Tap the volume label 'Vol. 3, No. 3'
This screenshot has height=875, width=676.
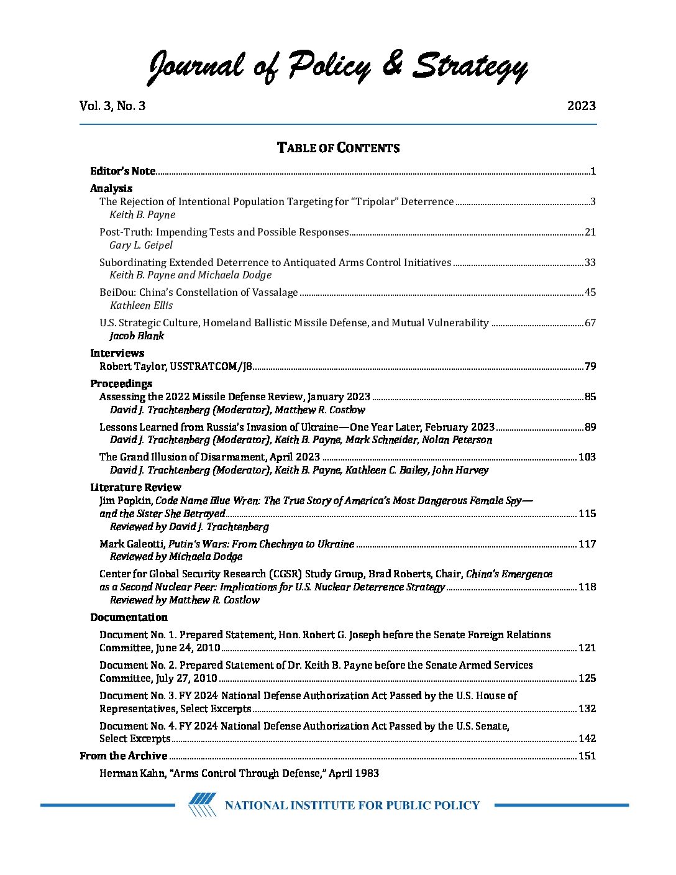pos(112,106)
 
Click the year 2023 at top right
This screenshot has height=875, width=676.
pos(581,106)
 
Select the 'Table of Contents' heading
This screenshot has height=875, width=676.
pos(338,148)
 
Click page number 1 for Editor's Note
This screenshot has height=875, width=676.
pos(593,172)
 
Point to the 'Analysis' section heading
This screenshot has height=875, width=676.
pos(111,188)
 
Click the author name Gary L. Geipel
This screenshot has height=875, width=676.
pos(141,245)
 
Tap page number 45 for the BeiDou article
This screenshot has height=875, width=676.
pos(590,292)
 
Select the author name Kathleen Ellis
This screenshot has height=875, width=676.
pos(141,305)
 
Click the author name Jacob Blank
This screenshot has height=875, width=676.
pos(137,336)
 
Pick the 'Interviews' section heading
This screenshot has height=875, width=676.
pos(117,353)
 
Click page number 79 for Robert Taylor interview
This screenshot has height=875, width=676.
pos(590,366)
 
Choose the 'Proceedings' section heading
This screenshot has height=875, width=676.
pos(121,383)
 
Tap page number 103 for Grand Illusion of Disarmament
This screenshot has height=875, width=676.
pos(587,457)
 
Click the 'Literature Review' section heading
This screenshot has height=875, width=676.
pos(135,487)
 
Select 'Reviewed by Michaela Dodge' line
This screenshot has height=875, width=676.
pos(176,556)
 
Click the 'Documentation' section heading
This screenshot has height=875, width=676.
pos(129,617)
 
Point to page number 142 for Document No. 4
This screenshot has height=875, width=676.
pos(587,738)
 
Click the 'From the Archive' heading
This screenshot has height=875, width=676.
pos(124,756)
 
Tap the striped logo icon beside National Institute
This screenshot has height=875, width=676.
pos(203,805)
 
